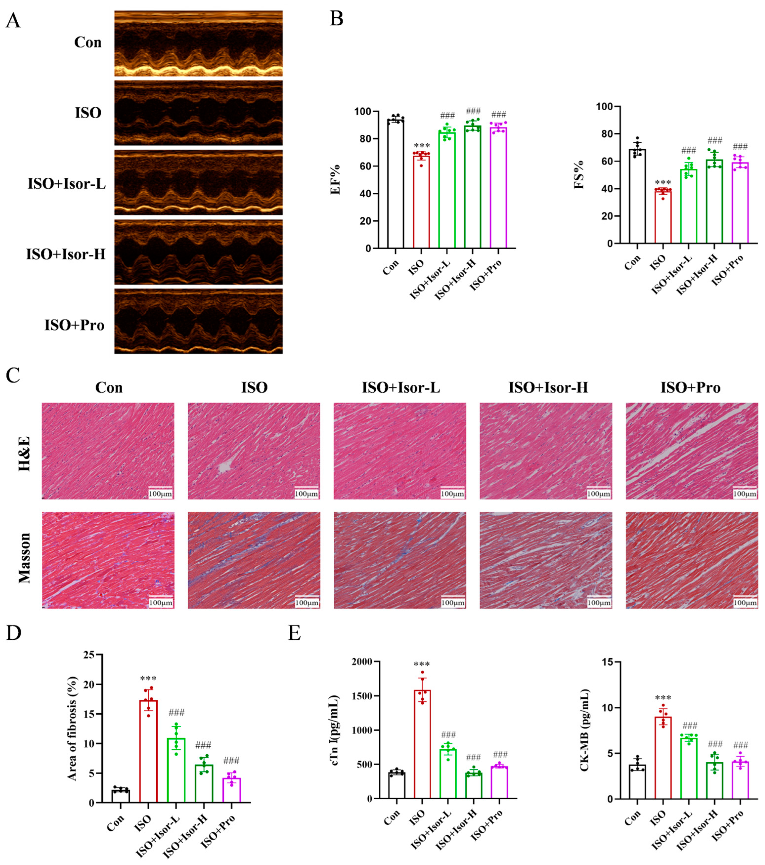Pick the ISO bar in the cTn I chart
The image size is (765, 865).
pyautogui.click(x=422, y=745)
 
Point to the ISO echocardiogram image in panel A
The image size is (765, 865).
pyautogui.click(x=198, y=113)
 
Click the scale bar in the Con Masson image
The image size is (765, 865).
pyautogui.click(x=160, y=603)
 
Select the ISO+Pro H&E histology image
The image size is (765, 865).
pyautogui.click(x=691, y=451)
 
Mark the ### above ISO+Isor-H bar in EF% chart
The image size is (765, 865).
pyautogui.click(x=473, y=111)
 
